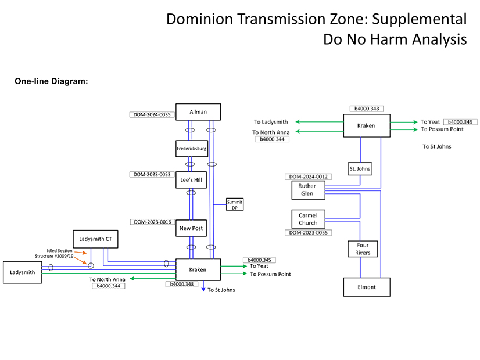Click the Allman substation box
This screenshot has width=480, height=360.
coord(198,112)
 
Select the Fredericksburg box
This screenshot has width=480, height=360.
coord(191,149)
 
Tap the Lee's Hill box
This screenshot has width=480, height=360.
coord(191,181)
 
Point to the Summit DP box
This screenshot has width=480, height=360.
coord(235,204)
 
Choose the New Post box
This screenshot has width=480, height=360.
coord(191,228)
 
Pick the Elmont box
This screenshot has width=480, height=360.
coord(366,287)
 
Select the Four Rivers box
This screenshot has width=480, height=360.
coord(363,249)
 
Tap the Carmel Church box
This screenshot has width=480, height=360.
coord(308,219)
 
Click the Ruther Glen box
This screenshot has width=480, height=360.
coord(307,190)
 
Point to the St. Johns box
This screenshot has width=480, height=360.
coord(360,169)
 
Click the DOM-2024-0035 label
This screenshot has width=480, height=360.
coord(152,115)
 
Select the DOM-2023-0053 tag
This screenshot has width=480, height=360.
coord(152,174)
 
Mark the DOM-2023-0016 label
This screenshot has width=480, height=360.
coord(152,222)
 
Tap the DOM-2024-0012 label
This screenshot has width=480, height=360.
coord(307,177)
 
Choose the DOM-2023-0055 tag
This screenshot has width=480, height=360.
coord(307,233)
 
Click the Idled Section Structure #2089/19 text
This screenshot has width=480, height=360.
coord(60,253)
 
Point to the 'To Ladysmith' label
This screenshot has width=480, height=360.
coord(271,122)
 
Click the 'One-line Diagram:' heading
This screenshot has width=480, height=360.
coord(51,81)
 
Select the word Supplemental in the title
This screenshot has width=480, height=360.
coord(419,19)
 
